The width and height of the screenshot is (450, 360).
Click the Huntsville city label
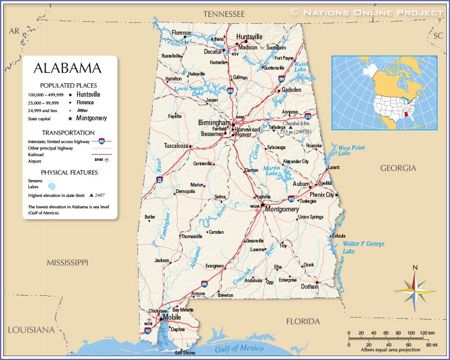(x=249, y=37)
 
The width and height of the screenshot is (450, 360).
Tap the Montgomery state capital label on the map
(x=282, y=209)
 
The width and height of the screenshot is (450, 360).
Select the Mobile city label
(x=172, y=317)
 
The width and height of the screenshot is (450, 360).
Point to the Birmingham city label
(x=214, y=123)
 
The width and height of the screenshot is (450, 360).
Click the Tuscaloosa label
(x=176, y=146)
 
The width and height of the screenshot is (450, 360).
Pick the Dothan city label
(x=309, y=287)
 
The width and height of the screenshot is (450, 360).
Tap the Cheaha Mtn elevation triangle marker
(x=313, y=128)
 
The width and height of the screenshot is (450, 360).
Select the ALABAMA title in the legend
(x=67, y=69)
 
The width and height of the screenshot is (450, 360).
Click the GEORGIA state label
(x=398, y=168)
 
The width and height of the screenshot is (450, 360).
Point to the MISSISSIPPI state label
(x=67, y=263)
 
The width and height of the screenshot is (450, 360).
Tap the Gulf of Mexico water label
(x=239, y=349)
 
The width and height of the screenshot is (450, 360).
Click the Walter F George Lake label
(x=363, y=247)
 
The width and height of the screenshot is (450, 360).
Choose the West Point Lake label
(x=352, y=151)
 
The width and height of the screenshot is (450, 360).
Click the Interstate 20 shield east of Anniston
(x=308, y=116)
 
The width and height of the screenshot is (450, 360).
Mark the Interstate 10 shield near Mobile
(x=147, y=330)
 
